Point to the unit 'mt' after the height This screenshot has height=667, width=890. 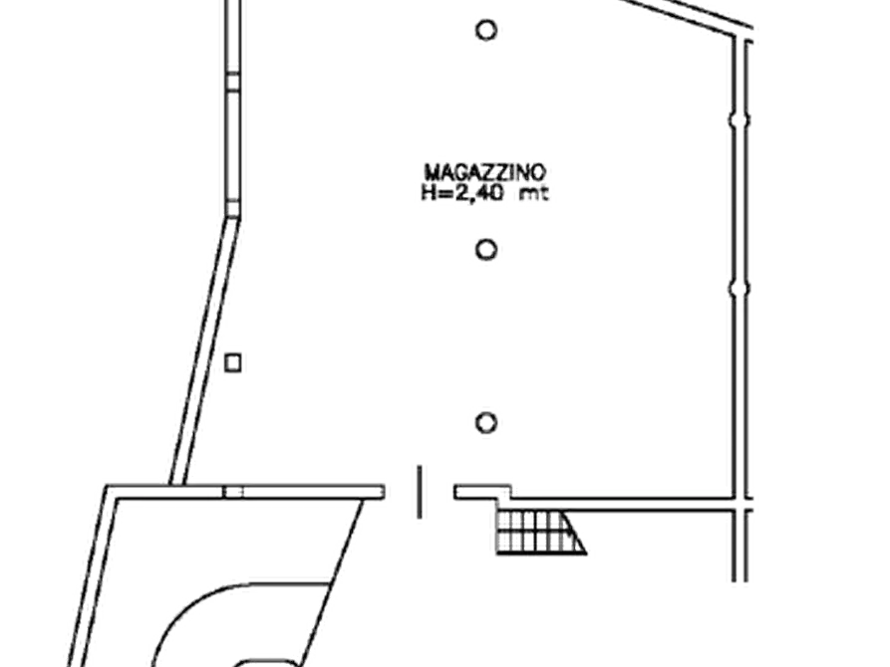point(532,195)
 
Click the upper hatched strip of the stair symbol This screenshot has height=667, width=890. point(533,521)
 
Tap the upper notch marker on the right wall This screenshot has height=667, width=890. point(739,120)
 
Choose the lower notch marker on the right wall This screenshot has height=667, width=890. point(739,290)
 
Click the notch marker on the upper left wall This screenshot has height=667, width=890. point(231,77)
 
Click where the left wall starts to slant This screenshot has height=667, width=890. point(232,209)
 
